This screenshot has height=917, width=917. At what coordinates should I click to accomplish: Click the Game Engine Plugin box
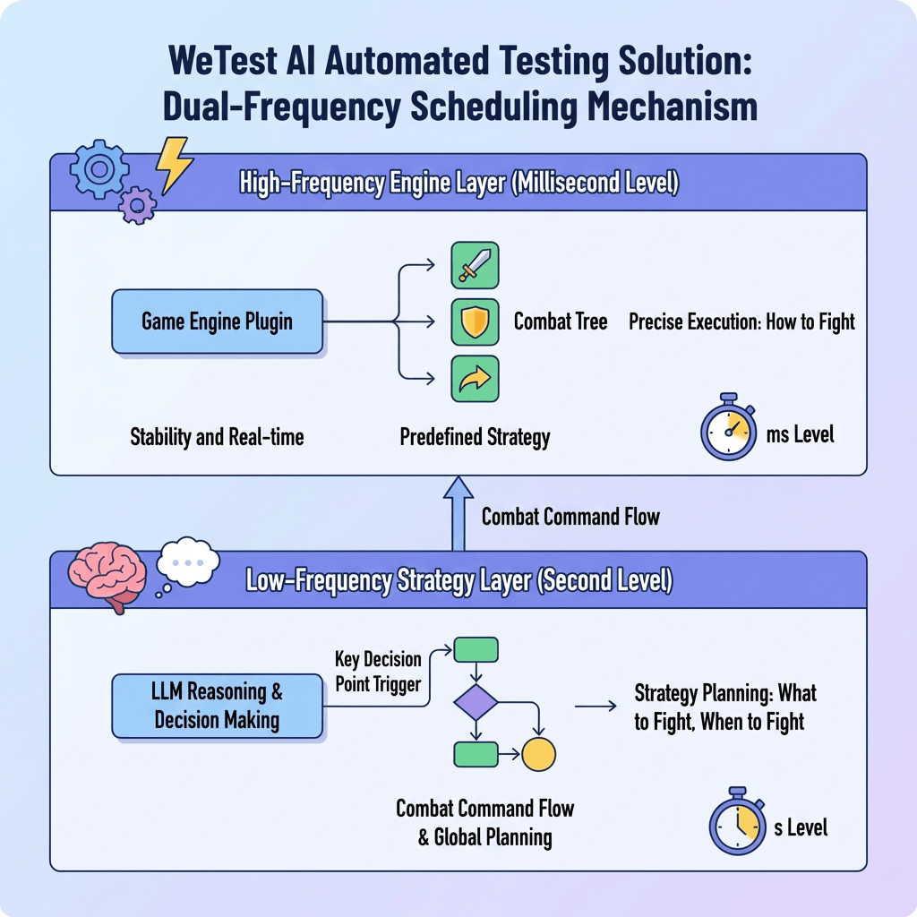point(217,321)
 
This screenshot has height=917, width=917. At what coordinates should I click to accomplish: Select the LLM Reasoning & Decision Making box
point(217,706)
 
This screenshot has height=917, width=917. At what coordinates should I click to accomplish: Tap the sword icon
point(475,265)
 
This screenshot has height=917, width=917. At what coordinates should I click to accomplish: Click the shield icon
point(475,322)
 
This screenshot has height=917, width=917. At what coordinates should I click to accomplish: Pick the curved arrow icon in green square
point(475,379)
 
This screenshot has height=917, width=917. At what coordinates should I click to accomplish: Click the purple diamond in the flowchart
point(476,701)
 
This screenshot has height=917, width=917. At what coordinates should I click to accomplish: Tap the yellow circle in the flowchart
point(538,754)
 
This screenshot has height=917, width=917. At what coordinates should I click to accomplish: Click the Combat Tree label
point(561,321)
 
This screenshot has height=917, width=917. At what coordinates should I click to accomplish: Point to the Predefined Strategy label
point(475,438)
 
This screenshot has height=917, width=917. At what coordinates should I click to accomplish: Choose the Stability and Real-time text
point(217,438)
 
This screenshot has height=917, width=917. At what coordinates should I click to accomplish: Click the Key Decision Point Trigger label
point(378,671)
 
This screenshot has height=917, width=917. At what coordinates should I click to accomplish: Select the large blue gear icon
point(99,169)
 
